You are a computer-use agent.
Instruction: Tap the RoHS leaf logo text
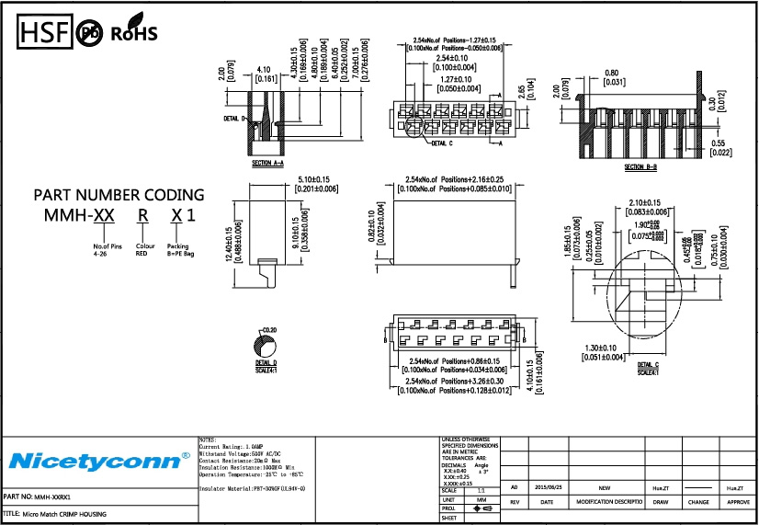pos(134,34)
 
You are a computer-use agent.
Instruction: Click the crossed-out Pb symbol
pos(90,34)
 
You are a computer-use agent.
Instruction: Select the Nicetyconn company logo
pos(99,460)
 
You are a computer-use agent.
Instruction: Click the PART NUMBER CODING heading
pos(119,195)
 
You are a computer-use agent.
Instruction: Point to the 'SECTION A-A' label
pos(267,162)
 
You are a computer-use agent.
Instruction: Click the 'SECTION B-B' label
pos(640,167)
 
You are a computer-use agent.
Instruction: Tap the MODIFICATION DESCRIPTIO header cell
pos(604,503)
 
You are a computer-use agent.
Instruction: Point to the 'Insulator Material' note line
pos(252,488)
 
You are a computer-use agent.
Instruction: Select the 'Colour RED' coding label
pos(144,249)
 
